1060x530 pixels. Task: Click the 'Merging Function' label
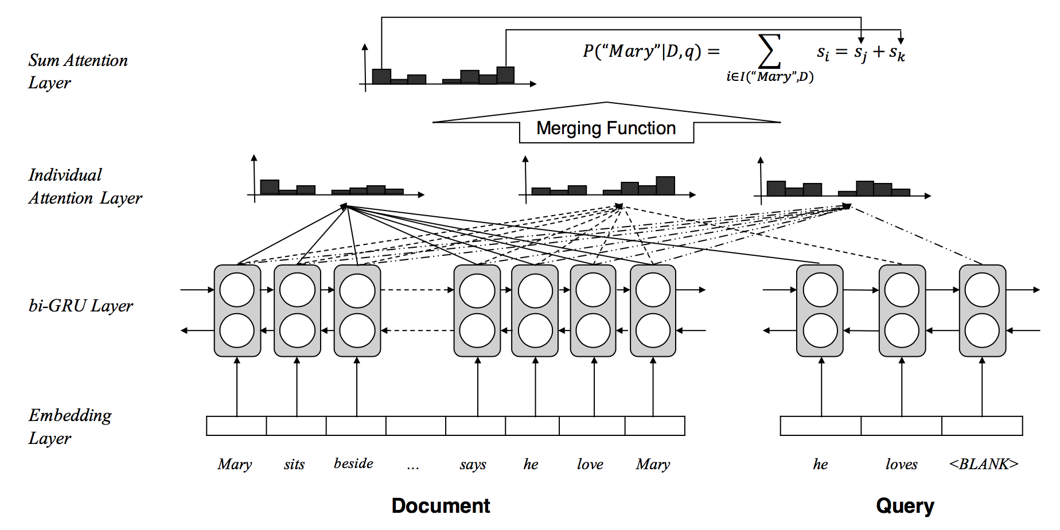pyautogui.click(x=606, y=128)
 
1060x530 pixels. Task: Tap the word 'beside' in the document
pyautogui.click(x=353, y=463)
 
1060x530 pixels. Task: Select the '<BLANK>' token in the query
pyautogui.click(x=983, y=463)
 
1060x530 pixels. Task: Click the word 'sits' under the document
pyautogui.click(x=294, y=464)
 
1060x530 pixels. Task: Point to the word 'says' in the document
pyautogui.click(x=473, y=464)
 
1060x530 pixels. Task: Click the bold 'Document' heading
pyautogui.click(x=441, y=505)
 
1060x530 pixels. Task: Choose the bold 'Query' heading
pyautogui.click(x=905, y=505)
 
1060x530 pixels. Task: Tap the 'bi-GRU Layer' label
pyautogui.click(x=81, y=306)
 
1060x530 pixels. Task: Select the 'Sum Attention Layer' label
pyautogui.click(x=78, y=71)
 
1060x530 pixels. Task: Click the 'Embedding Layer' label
pyautogui.click(x=70, y=426)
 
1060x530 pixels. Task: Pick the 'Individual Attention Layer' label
pyautogui.click(x=85, y=186)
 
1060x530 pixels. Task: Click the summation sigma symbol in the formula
pyautogui.click(x=769, y=52)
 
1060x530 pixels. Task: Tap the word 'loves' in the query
pyautogui.click(x=901, y=464)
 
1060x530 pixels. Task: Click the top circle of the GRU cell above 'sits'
pyautogui.click(x=297, y=290)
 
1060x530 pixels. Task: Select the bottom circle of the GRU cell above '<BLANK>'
pyautogui.click(x=982, y=331)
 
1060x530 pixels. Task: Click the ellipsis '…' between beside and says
pyautogui.click(x=413, y=466)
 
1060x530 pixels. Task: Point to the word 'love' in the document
pyautogui.click(x=590, y=464)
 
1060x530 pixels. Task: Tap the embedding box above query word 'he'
pyautogui.click(x=820, y=426)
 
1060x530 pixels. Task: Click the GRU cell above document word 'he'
pyautogui.click(x=535, y=310)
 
